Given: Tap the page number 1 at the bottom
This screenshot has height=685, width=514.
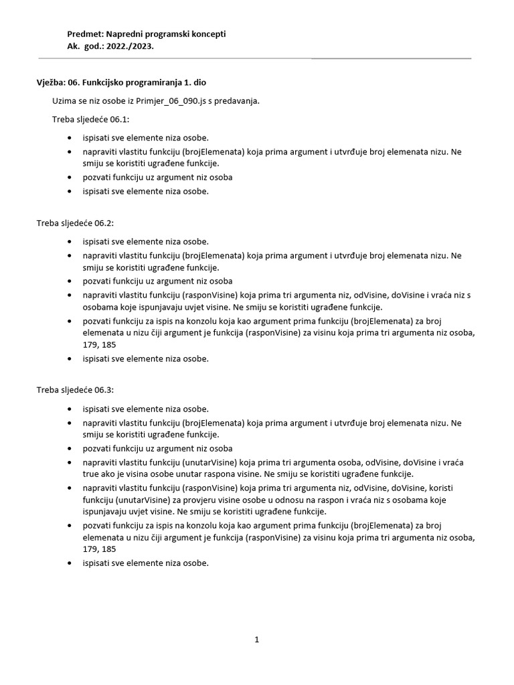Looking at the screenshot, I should [x=256, y=640].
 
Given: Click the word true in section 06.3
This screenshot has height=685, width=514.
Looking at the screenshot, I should [x=92, y=473].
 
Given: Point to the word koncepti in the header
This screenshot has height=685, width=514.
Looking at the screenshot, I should [x=209, y=34].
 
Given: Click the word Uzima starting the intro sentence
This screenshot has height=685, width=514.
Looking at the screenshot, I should [x=64, y=101].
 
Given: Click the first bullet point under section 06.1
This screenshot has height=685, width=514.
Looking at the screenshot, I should [x=70, y=137].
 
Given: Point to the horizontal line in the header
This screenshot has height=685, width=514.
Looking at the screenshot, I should [x=391, y=58].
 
